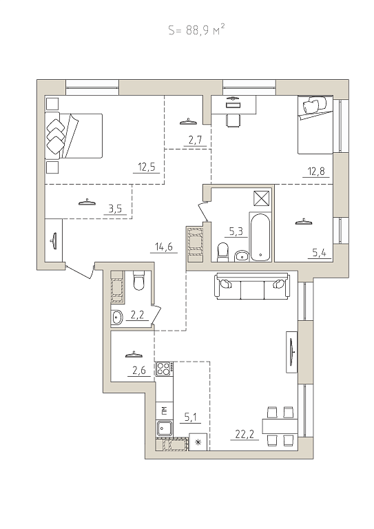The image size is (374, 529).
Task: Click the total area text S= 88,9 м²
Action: (196, 31)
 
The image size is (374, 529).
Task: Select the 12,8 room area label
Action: (316, 172)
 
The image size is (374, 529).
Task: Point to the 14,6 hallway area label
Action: (164, 247)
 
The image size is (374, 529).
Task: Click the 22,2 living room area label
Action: (245, 434)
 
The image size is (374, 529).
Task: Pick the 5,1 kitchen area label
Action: (191, 417)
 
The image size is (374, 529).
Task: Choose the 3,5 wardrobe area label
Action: (115, 209)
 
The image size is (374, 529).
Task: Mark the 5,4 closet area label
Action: (319, 253)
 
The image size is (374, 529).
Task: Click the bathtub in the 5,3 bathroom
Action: (260, 237)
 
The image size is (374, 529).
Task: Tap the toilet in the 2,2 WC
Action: (139, 281)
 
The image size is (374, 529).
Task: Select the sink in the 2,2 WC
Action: (116, 317)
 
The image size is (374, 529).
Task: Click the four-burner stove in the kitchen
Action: (164, 369)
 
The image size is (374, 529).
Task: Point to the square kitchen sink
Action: (164, 428)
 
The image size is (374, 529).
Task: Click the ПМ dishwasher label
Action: (164, 411)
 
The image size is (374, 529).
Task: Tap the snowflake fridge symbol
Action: (198, 442)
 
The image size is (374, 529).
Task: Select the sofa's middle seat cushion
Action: (253, 290)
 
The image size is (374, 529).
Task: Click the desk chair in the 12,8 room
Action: (233, 121)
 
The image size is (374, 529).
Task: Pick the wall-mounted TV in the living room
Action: (292, 352)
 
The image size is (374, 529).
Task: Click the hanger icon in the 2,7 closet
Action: (188, 121)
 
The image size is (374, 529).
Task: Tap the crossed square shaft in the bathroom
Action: (262, 198)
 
